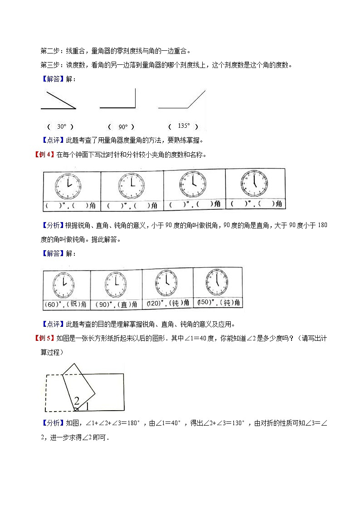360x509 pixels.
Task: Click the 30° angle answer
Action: click(x=62, y=127)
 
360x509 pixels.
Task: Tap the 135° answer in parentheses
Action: click(x=184, y=126)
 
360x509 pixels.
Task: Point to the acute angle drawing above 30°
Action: click(x=58, y=100)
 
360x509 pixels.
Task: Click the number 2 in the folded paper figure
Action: click(x=77, y=400)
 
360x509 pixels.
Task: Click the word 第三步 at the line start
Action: click(x=51, y=65)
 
